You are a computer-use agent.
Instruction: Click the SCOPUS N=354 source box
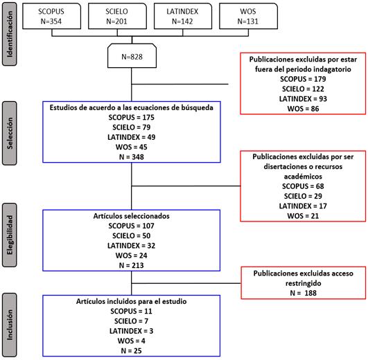point(52,16)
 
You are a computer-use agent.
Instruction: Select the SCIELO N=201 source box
point(117,16)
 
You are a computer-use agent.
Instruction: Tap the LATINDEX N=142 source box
point(183,16)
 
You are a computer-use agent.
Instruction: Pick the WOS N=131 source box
point(248,16)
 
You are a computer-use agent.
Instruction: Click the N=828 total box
point(132,56)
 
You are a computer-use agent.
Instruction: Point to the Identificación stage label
point(10,34)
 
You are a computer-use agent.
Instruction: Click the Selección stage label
point(10,133)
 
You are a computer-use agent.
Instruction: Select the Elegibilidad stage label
point(10,235)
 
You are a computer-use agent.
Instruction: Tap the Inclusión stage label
point(10,325)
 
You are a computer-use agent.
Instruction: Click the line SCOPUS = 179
point(303,79)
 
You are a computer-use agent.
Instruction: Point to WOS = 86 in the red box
point(303,109)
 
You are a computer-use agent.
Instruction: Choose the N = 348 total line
point(132,156)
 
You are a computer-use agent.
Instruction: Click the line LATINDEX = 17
point(303,206)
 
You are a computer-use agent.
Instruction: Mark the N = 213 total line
point(132,265)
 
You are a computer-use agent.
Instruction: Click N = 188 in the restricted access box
point(304,293)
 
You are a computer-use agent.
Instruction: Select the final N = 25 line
point(132,350)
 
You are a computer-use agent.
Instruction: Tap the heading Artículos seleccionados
point(132,216)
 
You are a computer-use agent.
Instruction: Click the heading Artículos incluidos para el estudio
point(132,301)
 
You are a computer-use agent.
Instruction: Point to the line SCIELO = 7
point(132,321)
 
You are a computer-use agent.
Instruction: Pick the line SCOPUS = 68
point(303,186)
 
